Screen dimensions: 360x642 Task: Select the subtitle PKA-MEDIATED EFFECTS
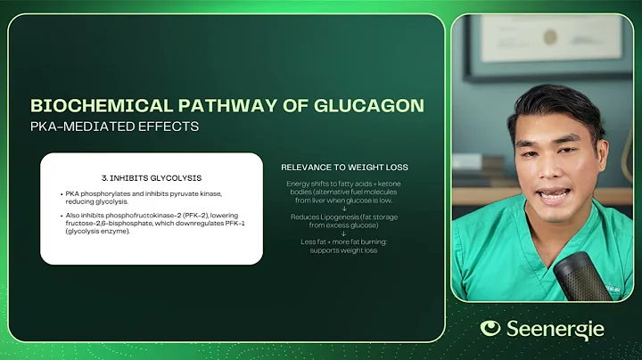point(115,127)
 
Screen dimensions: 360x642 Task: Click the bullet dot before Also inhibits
point(58,215)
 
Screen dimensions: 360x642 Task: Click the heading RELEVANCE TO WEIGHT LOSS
point(341,167)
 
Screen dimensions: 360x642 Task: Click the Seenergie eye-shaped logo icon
point(490,328)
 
